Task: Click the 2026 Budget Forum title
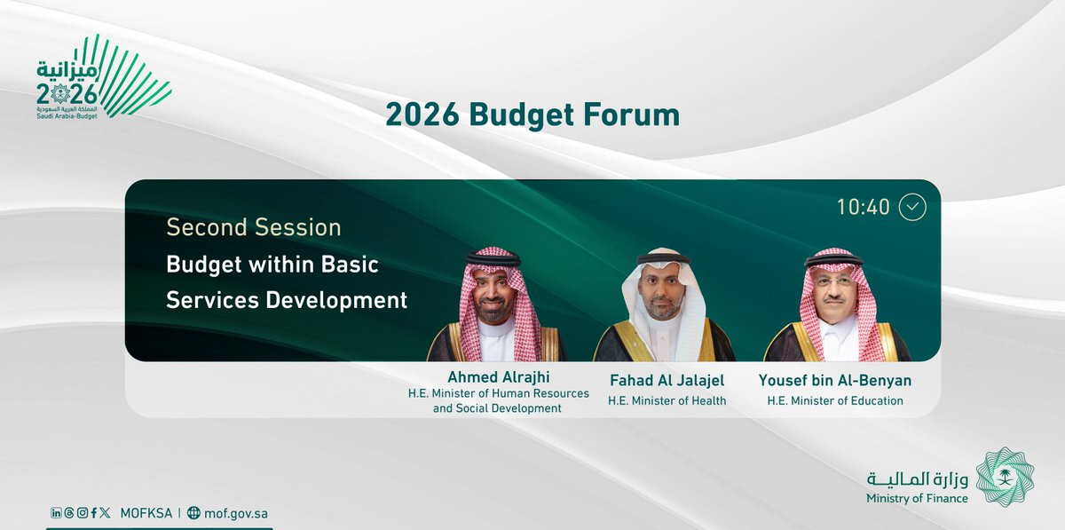[x=532, y=115]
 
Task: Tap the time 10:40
[x=863, y=208]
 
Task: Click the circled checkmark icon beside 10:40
[x=912, y=207]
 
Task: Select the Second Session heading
[x=254, y=227]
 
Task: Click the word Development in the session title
[x=336, y=301]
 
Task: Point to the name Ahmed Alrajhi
[x=498, y=377]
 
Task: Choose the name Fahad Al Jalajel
[x=667, y=381]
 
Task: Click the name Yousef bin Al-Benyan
[x=835, y=381]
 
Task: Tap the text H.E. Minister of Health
[x=667, y=401]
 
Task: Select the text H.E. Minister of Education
[x=835, y=401]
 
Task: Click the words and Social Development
[x=497, y=408]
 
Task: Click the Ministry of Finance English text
[x=917, y=499]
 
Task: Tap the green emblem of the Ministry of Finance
[x=1005, y=477]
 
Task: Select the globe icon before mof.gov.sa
[x=193, y=513]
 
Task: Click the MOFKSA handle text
[x=146, y=513]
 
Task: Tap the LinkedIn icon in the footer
[x=56, y=513]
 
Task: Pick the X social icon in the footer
[x=105, y=513]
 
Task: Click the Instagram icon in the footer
[x=83, y=513]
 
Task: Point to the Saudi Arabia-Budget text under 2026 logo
[x=67, y=116]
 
